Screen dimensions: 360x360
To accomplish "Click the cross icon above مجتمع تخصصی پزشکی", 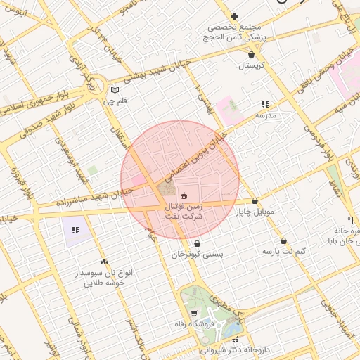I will pos(234,16).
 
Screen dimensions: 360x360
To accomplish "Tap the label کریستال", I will pos(251,65).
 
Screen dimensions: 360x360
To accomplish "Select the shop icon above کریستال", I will pos(251,53).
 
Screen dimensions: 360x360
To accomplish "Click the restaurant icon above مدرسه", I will pos(266,103).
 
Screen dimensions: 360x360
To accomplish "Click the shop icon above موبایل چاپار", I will pos(255,200).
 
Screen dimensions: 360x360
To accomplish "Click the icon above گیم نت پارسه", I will pos(283,240).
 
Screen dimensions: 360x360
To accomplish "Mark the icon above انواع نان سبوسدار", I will pos(105,262).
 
